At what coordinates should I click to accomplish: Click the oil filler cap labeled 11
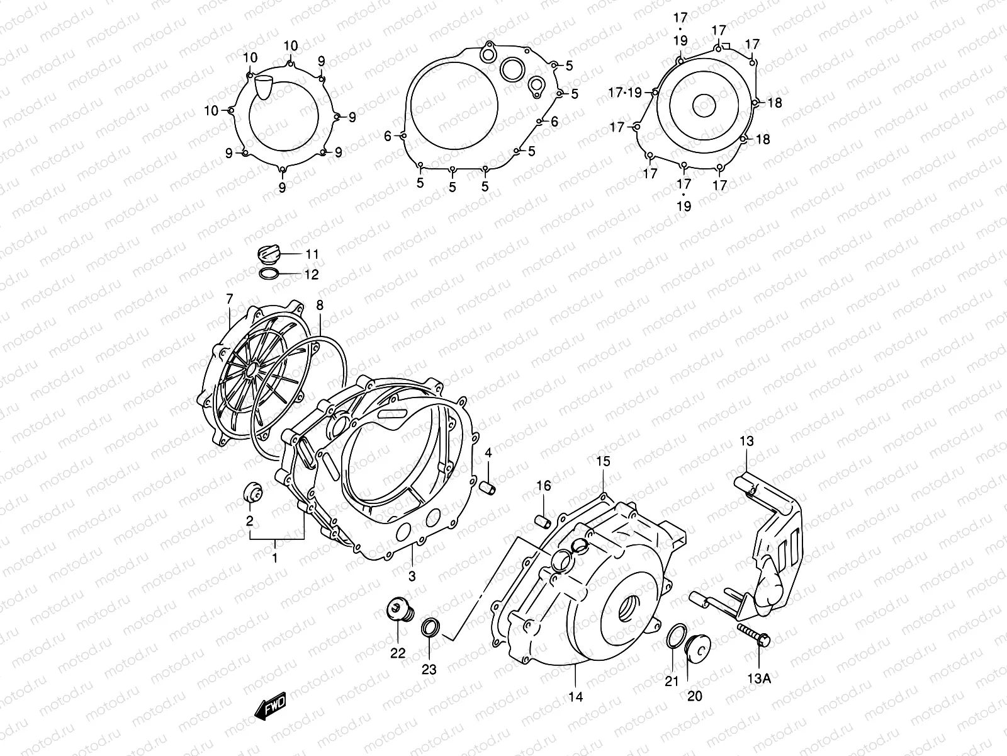(x=269, y=255)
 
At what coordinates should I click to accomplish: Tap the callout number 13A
(x=759, y=678)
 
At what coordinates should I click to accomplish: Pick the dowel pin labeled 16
(x=543, y=520)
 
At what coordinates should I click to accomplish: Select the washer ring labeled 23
(x=430, y=627)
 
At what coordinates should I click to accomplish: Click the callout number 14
(x=575, y=696)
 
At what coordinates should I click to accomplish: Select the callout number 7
(x=230, y=298)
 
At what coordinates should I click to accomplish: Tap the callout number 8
(x=320, y=306)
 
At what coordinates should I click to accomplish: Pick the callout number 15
(x=603, y=461)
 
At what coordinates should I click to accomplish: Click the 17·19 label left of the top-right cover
(x=625, y=93)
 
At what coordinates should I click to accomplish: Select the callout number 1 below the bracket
(x=274, y=558)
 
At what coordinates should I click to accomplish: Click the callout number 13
(x=746, y=442)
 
